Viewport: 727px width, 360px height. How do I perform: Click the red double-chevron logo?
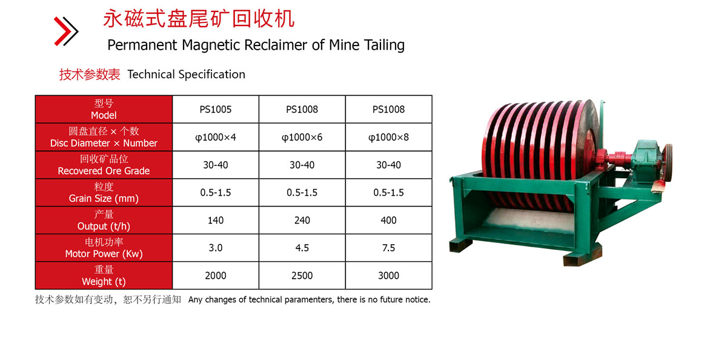click(x=66, y=31)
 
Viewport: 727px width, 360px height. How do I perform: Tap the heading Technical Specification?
click(x=186, y=75)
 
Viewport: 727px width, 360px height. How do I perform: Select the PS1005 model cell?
click(x=216, y=110)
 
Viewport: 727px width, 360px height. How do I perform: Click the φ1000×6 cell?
click(x=302, y=138)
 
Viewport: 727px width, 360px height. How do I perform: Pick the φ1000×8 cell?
click(x=388, y=138)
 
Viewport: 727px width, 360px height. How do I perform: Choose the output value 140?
click(x=216, y=221)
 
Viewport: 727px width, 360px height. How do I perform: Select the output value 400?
click(x=388, y=221)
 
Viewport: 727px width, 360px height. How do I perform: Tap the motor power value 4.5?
click(x=302, y=248)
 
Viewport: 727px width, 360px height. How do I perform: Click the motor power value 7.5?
click(x=388, y=248)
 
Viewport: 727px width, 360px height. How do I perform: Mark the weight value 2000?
click(x=216, y=276)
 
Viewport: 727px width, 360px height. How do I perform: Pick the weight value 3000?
click(x=388, y=276)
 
